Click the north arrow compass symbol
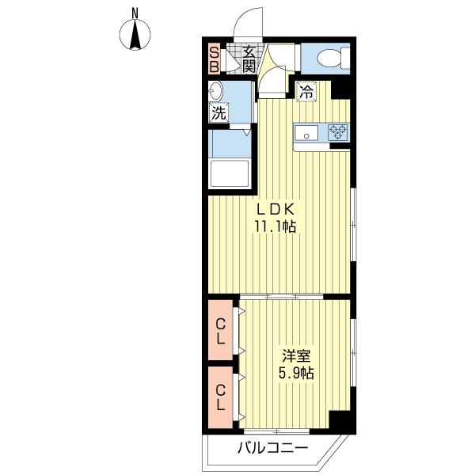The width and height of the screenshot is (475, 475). click(135, 35)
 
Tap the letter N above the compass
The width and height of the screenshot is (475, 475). click(135, 13)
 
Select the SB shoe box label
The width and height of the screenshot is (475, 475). click(215, 59)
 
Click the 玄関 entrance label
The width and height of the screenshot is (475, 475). click(249, 59)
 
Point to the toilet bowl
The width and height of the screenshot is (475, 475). click(332, 58)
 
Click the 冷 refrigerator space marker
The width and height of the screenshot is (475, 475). click(306, 91)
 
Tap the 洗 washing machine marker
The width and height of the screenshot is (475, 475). click(218, 113)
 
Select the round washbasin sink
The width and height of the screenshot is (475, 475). click(215, 90)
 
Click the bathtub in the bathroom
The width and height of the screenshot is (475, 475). click(230, 173)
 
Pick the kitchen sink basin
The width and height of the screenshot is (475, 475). click(306, 133)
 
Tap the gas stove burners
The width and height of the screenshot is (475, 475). click(338, 132)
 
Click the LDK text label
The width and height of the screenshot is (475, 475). click(275, 209)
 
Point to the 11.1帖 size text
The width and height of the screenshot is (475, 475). click(275, 226)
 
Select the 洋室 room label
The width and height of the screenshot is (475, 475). click(296, 356)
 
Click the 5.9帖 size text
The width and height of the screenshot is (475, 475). click(296, 373)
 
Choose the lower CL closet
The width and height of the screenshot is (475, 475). click(221, 397)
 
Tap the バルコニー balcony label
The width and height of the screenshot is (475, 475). click(272, 448)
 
